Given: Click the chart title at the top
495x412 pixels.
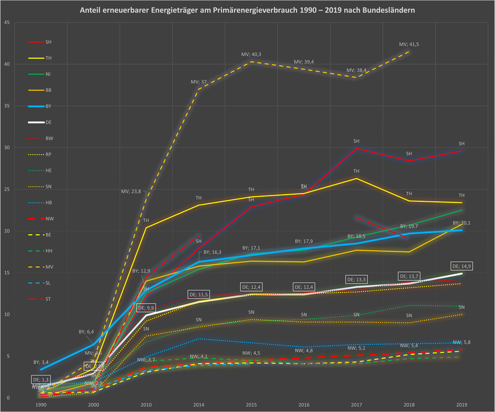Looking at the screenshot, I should (247, 10).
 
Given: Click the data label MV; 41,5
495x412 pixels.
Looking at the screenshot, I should (409, 45).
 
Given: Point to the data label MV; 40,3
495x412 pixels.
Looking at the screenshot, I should (251, 55).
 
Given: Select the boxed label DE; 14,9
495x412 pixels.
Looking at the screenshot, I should (462, 266).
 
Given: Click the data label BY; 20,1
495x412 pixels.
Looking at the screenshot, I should (462, 223).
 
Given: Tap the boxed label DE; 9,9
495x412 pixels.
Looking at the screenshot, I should (145, 308).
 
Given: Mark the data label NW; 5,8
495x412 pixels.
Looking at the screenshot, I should (462, 342).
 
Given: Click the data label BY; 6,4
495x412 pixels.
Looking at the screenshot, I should (86, 332).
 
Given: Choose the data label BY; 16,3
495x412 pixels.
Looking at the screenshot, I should (213, 252).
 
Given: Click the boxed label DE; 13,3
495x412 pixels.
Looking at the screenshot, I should (356, 280).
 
